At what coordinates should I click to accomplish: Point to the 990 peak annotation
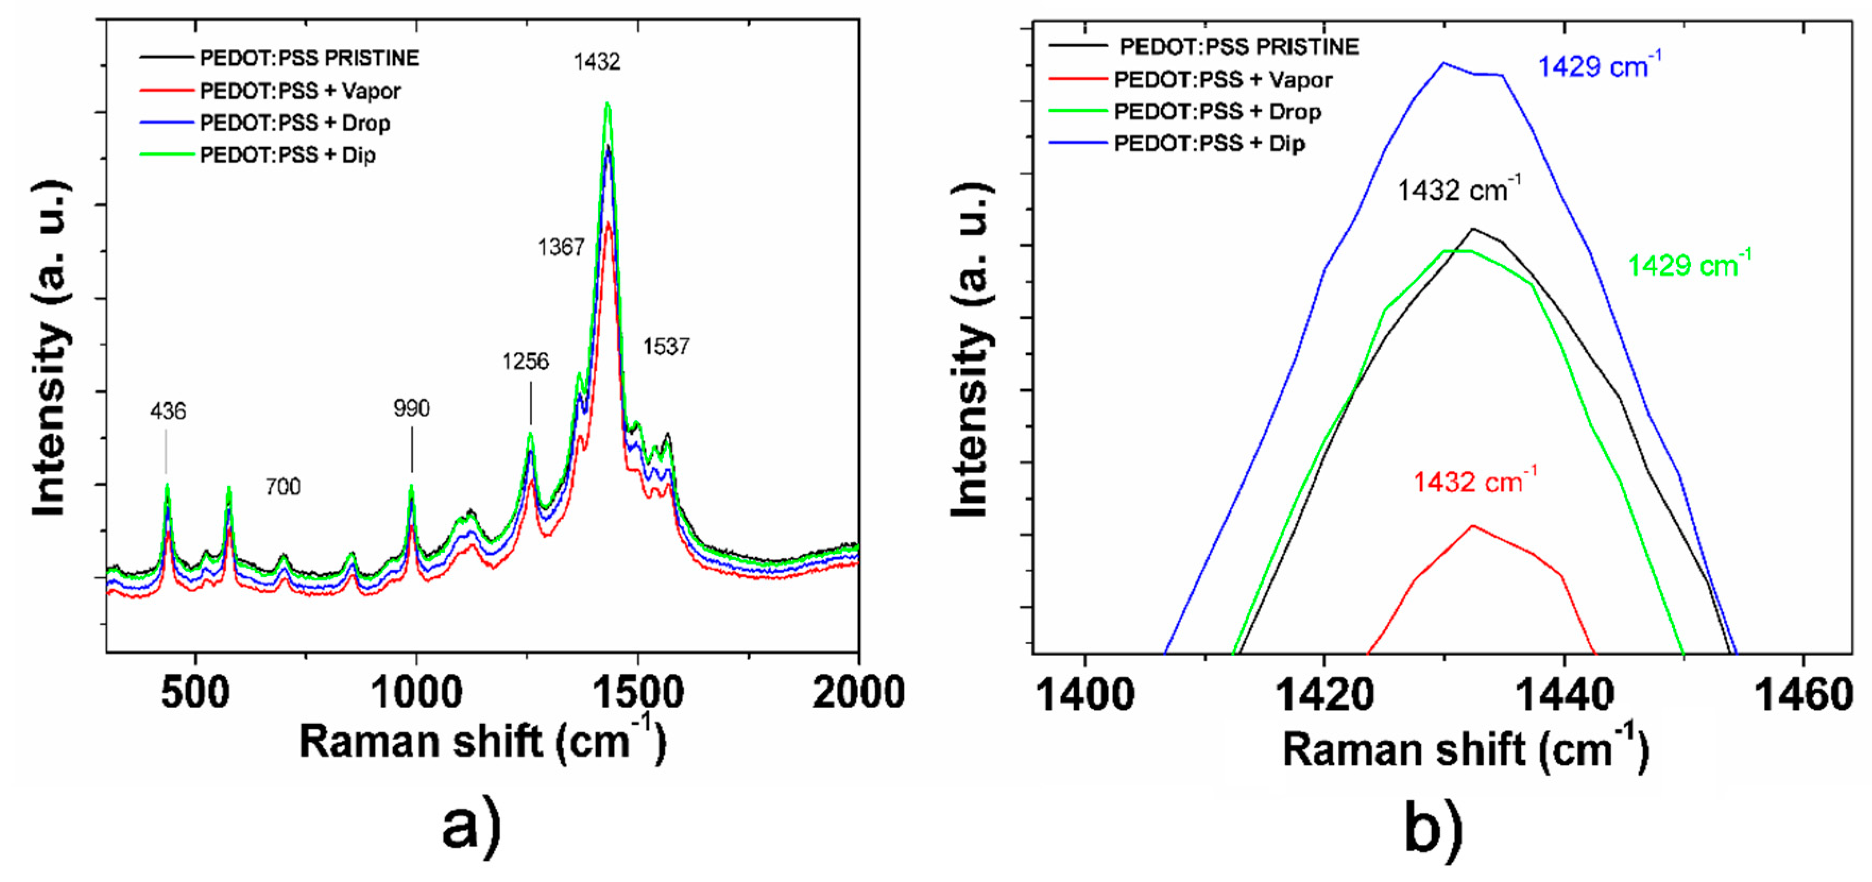(412, 408)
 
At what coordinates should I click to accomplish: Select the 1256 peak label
(525, 361)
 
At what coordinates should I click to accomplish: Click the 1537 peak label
(665, 347)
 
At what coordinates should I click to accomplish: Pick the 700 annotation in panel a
(283, 486)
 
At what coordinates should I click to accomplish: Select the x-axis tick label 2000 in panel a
(858, 692)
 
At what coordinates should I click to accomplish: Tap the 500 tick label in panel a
(195, 692)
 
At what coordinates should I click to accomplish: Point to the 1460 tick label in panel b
(1803, 695)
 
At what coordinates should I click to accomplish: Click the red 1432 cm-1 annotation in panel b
(1474, 482)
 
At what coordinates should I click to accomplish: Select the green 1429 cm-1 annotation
(1689, 265)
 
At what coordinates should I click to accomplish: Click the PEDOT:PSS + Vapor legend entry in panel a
(300, 91)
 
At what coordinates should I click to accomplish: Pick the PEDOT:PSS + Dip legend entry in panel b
(1209, 144)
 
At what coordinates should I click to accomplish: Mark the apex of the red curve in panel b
(1473, 525)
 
